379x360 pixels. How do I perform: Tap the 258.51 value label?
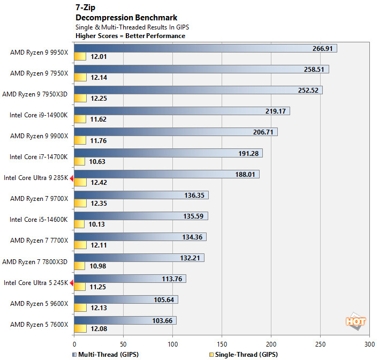313,70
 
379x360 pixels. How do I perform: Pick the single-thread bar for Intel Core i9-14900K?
80,119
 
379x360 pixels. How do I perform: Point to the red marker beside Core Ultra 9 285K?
72,177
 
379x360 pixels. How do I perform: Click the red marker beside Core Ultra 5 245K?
72,282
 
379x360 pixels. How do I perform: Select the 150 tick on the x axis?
222,343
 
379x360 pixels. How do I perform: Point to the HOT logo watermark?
356,321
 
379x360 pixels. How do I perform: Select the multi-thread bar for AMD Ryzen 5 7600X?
125,320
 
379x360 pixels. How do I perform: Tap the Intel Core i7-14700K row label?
39,156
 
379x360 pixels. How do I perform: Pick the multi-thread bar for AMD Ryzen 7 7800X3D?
139,258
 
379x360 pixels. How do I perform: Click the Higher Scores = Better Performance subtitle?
131,36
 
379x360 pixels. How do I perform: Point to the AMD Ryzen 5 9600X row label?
39,303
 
